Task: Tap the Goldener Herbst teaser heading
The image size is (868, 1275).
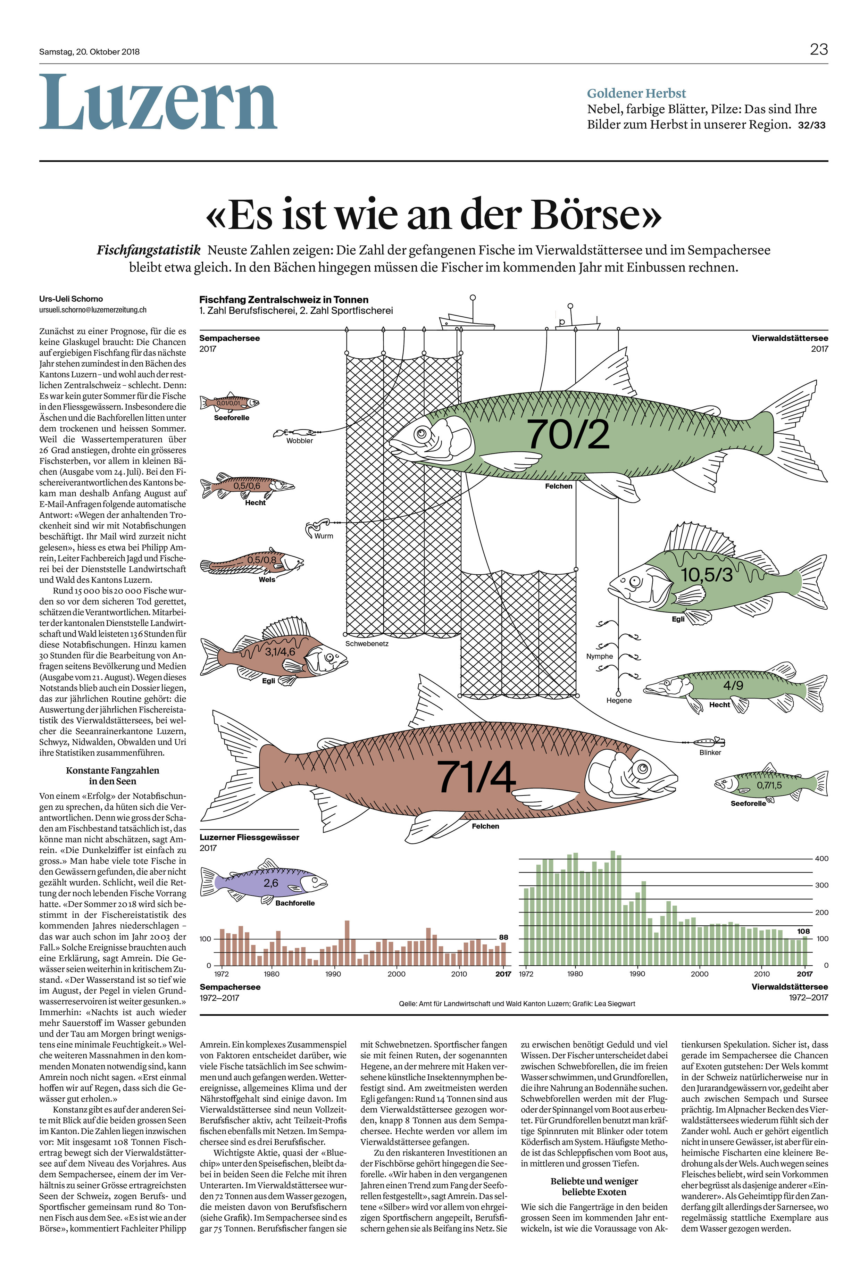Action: click(636, 93)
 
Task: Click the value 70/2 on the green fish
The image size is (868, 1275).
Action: click(568, 434)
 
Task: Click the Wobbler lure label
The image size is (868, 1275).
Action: click(300, 441)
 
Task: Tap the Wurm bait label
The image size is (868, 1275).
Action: click(324, 536)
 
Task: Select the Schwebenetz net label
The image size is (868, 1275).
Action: click(367, 643)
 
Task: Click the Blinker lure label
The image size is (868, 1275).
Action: click(710, 752)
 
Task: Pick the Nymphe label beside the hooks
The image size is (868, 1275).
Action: click(599, 656)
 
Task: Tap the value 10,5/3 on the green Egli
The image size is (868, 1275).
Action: click(707, 574)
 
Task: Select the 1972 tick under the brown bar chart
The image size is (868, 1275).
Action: click(221, 974)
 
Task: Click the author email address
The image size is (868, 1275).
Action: click(93, 310)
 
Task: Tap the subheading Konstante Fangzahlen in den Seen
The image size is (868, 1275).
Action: click(112, 776)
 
